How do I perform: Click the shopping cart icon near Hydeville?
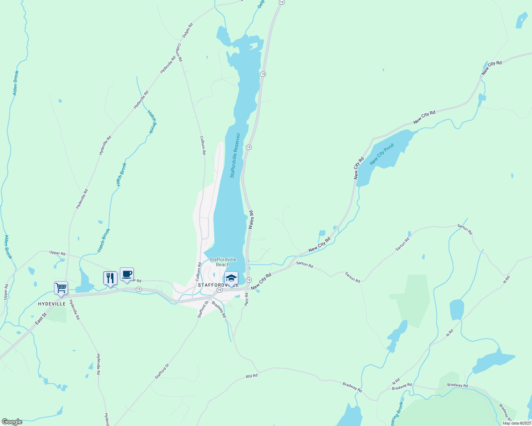61,288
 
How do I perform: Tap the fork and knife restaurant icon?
110,278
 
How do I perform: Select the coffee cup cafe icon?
127,274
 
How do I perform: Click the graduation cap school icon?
231,278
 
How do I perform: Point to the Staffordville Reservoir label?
235,155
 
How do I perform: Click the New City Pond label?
382,154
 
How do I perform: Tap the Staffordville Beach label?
223,262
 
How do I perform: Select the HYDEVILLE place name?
52,304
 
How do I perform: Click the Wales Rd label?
251,219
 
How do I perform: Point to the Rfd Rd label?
251,376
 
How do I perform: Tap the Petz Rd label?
246,299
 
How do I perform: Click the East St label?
41,318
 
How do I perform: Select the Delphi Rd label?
187,30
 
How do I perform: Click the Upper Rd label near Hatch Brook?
57,253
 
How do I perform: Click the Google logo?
12,422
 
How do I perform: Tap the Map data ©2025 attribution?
516,423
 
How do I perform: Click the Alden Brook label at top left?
16,83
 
